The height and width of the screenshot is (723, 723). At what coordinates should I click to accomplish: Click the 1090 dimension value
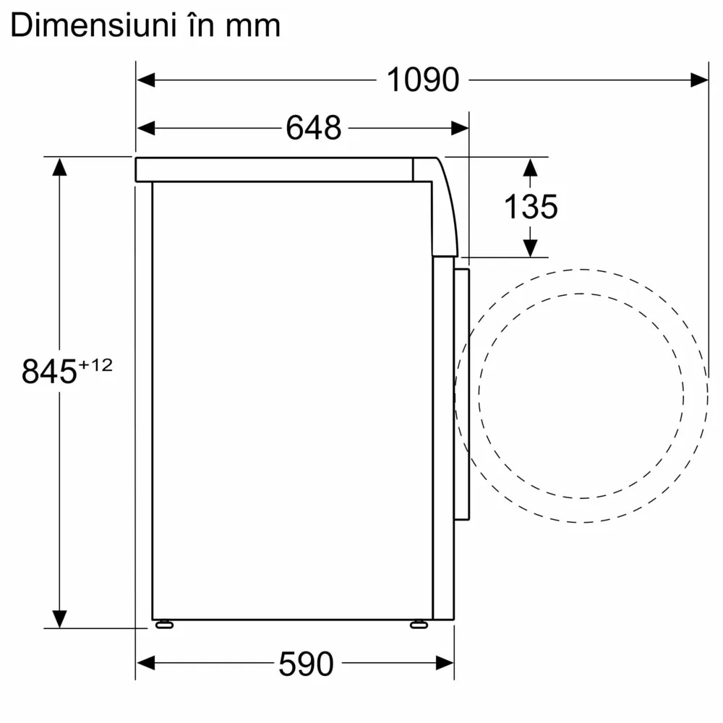pos(423,80)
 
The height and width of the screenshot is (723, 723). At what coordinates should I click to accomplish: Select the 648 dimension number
pos(313,128)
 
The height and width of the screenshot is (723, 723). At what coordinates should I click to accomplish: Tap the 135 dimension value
pos(531,207)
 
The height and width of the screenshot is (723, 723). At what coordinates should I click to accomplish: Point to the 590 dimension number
pos(306,664)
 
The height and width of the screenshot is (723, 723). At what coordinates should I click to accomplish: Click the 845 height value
pos(49,372)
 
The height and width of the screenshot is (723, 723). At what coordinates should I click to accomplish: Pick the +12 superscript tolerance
pos(95,366)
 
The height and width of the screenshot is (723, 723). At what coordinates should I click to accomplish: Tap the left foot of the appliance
pos(163,624)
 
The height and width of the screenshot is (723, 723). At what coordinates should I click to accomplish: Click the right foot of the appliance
pos(419,624)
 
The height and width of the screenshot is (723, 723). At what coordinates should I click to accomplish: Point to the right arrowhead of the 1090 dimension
pos(698,80)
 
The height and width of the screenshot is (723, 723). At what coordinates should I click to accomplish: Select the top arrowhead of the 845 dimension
pos(59,167)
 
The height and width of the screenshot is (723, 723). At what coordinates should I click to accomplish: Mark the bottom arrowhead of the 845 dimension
pos(59,618)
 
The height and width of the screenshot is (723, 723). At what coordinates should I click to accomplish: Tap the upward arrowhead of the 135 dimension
pos(531,167)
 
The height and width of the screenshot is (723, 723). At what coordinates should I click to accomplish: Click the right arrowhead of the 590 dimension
pos(445,663)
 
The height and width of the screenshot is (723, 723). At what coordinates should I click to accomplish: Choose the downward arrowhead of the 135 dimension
pos(531,247)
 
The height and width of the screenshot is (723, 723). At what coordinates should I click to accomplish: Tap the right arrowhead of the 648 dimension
pos(459,128)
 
